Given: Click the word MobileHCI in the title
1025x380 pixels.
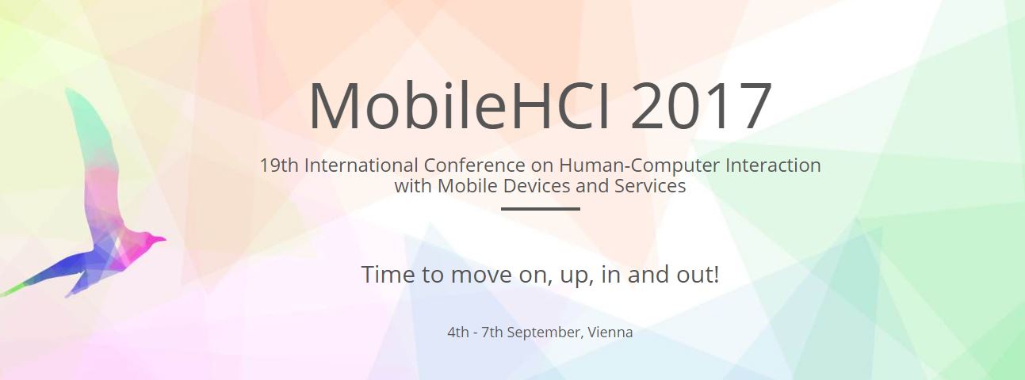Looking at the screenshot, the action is (459, 105).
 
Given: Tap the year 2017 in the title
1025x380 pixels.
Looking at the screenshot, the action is (702, 105).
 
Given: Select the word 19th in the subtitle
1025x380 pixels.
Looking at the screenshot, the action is (279, 165).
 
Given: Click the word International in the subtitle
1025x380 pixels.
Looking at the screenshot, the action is (361, 165).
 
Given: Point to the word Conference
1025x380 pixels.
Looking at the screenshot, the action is (474, 165).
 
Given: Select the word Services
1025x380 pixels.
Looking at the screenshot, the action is (650, 186).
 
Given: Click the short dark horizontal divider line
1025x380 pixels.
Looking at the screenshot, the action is (541, 209).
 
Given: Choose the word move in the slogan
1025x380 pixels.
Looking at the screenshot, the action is (482, 275).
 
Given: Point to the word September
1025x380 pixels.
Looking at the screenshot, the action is (545, 332).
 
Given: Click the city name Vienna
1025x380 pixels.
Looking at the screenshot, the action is (610, 332).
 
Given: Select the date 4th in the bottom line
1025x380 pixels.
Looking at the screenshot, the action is (458, 332).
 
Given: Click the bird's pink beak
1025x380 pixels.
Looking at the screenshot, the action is (159, 239).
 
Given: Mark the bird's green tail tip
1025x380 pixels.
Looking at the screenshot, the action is (6, 292).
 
